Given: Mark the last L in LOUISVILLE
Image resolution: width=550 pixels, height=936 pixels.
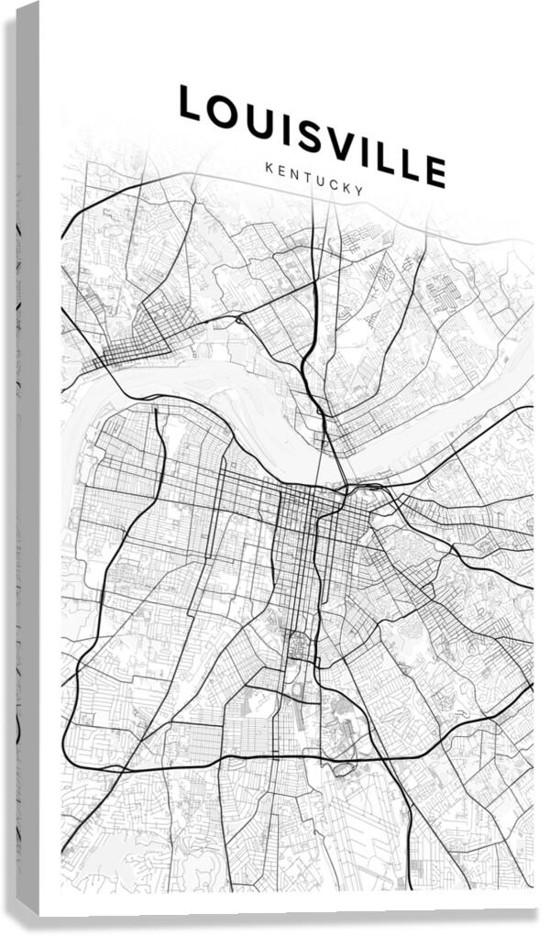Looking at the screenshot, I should point(405,162).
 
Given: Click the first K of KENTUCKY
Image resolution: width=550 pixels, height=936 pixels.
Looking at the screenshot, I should point(268,168).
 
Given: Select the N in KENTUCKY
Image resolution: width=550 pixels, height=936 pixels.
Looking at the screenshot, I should point(294,174).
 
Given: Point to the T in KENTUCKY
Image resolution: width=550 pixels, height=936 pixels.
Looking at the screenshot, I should point(308,178).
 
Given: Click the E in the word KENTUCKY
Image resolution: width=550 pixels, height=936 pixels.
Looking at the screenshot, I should point(280,171).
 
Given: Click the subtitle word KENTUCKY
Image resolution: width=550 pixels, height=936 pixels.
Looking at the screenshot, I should point(314,180).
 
